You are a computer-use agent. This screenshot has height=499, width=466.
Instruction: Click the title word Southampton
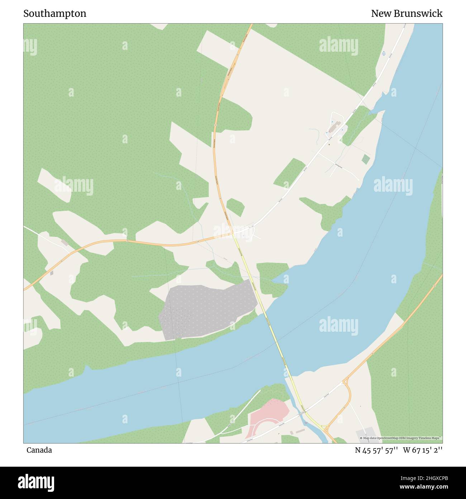point(55,14)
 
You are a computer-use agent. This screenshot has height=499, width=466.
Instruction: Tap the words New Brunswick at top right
point(406,14)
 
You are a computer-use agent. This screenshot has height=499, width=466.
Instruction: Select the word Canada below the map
point(39,450)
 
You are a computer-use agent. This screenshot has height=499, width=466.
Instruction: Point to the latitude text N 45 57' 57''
point(376,450)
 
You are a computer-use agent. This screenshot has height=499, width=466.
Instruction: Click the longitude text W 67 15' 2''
point(423,450)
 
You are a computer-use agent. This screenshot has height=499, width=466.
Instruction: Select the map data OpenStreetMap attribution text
point(401,438)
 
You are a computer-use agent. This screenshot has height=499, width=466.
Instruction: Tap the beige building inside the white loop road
point(334,126)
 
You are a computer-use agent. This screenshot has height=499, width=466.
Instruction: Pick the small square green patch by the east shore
point(366,159)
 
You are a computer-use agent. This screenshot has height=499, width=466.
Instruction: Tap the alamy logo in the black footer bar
point(36,482)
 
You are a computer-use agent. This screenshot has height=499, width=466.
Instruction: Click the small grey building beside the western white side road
point(65,243)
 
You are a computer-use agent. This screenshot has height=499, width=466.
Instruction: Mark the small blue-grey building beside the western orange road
point(52,273)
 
